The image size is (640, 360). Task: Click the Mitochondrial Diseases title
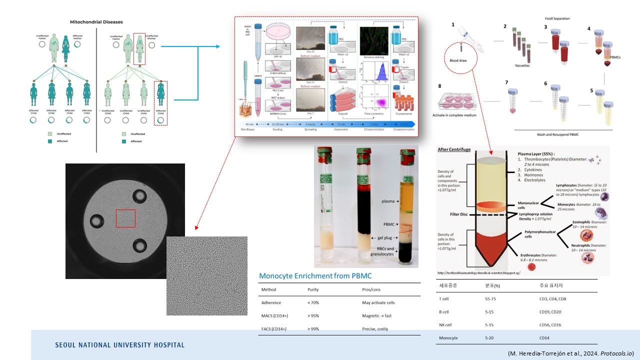point(96,22)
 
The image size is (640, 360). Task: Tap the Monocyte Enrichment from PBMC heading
point(315,276)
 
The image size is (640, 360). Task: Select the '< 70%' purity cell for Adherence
point(313,303)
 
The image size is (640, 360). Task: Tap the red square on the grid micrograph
point(125,218)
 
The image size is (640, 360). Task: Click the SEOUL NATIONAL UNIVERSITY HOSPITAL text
point(119,345)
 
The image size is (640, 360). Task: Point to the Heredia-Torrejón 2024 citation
point(570,353)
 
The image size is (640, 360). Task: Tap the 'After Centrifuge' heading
point(454,149)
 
